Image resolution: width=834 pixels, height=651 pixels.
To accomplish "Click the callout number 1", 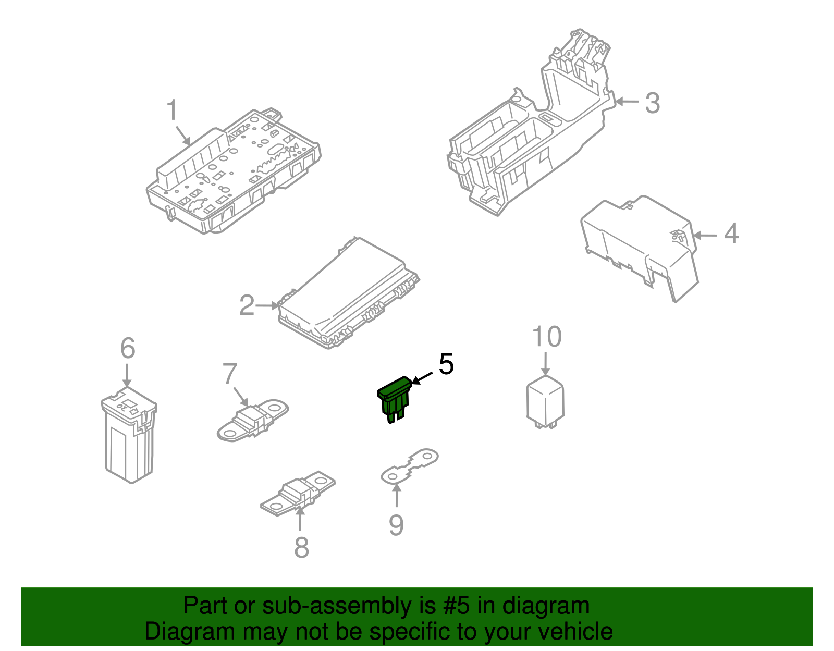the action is tap(173, 109).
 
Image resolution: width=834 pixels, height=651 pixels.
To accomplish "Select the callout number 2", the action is tap(247, 305).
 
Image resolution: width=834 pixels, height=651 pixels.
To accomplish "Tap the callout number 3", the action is tap(653, 103).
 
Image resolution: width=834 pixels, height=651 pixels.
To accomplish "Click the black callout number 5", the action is tap(446, 364).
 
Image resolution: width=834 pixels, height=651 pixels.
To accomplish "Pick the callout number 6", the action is tap(128, 348).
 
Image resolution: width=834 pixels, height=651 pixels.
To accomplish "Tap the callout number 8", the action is tap(302, 548).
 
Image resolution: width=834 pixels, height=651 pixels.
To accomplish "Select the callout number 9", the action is tap(396, 525).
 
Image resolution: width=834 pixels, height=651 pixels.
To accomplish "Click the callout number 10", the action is tap(547, 337).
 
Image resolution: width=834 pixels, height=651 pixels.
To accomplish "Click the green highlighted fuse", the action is tap(395, 399).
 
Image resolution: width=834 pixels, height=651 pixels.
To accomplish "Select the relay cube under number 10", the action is tap(545, 402).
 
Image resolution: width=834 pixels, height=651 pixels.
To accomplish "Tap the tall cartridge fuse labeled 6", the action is tap(129, 435).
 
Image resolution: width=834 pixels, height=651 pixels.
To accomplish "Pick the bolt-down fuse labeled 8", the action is tap(298, 493).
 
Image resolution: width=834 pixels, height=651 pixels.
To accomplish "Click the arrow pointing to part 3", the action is tap(627, 102).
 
